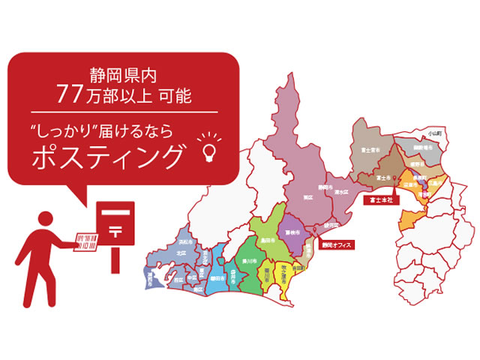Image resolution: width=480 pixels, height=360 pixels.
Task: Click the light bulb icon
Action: pos(208,149)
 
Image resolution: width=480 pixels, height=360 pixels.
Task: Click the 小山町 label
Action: pos(433,132)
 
